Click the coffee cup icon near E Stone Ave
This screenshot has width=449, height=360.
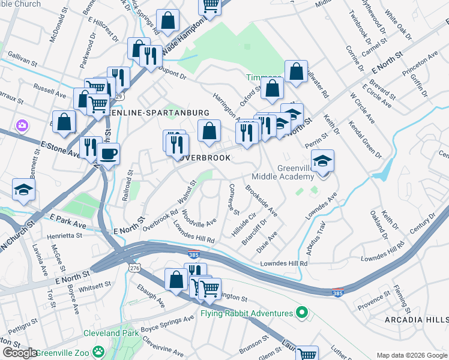[108, 154]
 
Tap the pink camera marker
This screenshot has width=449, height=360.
[22, 125]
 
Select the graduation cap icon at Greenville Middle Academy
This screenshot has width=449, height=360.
[323, 161]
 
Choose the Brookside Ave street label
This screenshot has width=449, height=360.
[262, 200]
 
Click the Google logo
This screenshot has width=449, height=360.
[20, 353]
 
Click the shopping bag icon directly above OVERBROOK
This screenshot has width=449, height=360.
[208, 130]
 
